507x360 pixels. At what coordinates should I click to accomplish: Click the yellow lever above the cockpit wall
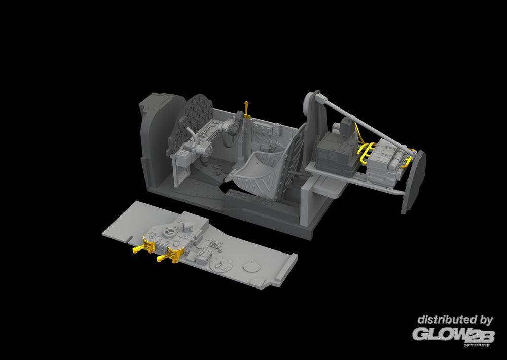tap(247, 110)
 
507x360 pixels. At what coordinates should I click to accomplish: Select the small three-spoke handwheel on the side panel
tap(170, 232)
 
